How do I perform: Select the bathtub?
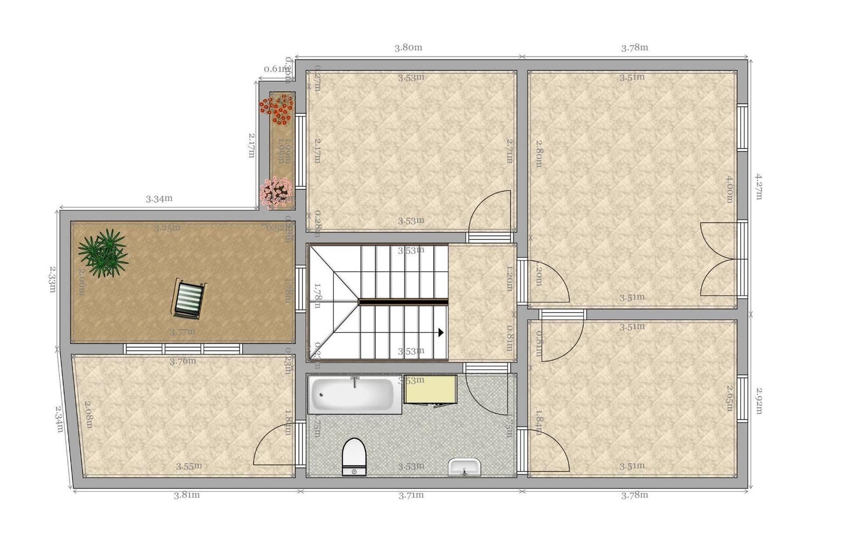coord(352,395)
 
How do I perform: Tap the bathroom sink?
coord(464,467)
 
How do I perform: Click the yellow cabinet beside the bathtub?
coord(430,389)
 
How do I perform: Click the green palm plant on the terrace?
coord(104,253)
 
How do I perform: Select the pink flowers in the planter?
coord(276,192)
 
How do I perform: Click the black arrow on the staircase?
coord(440,332)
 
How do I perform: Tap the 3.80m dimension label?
coord(408,47)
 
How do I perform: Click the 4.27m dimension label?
coord(759,186)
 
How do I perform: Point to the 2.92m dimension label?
coord(759,401)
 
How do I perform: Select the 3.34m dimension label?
coord(159,199)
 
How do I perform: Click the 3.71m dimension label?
coord(411,495)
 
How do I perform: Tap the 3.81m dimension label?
coord(187,495)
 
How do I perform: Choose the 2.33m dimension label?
coord(51,280)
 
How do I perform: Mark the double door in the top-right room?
coord(718,259)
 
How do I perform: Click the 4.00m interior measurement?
coord(729,189)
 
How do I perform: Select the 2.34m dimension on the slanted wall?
coord(60,418)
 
